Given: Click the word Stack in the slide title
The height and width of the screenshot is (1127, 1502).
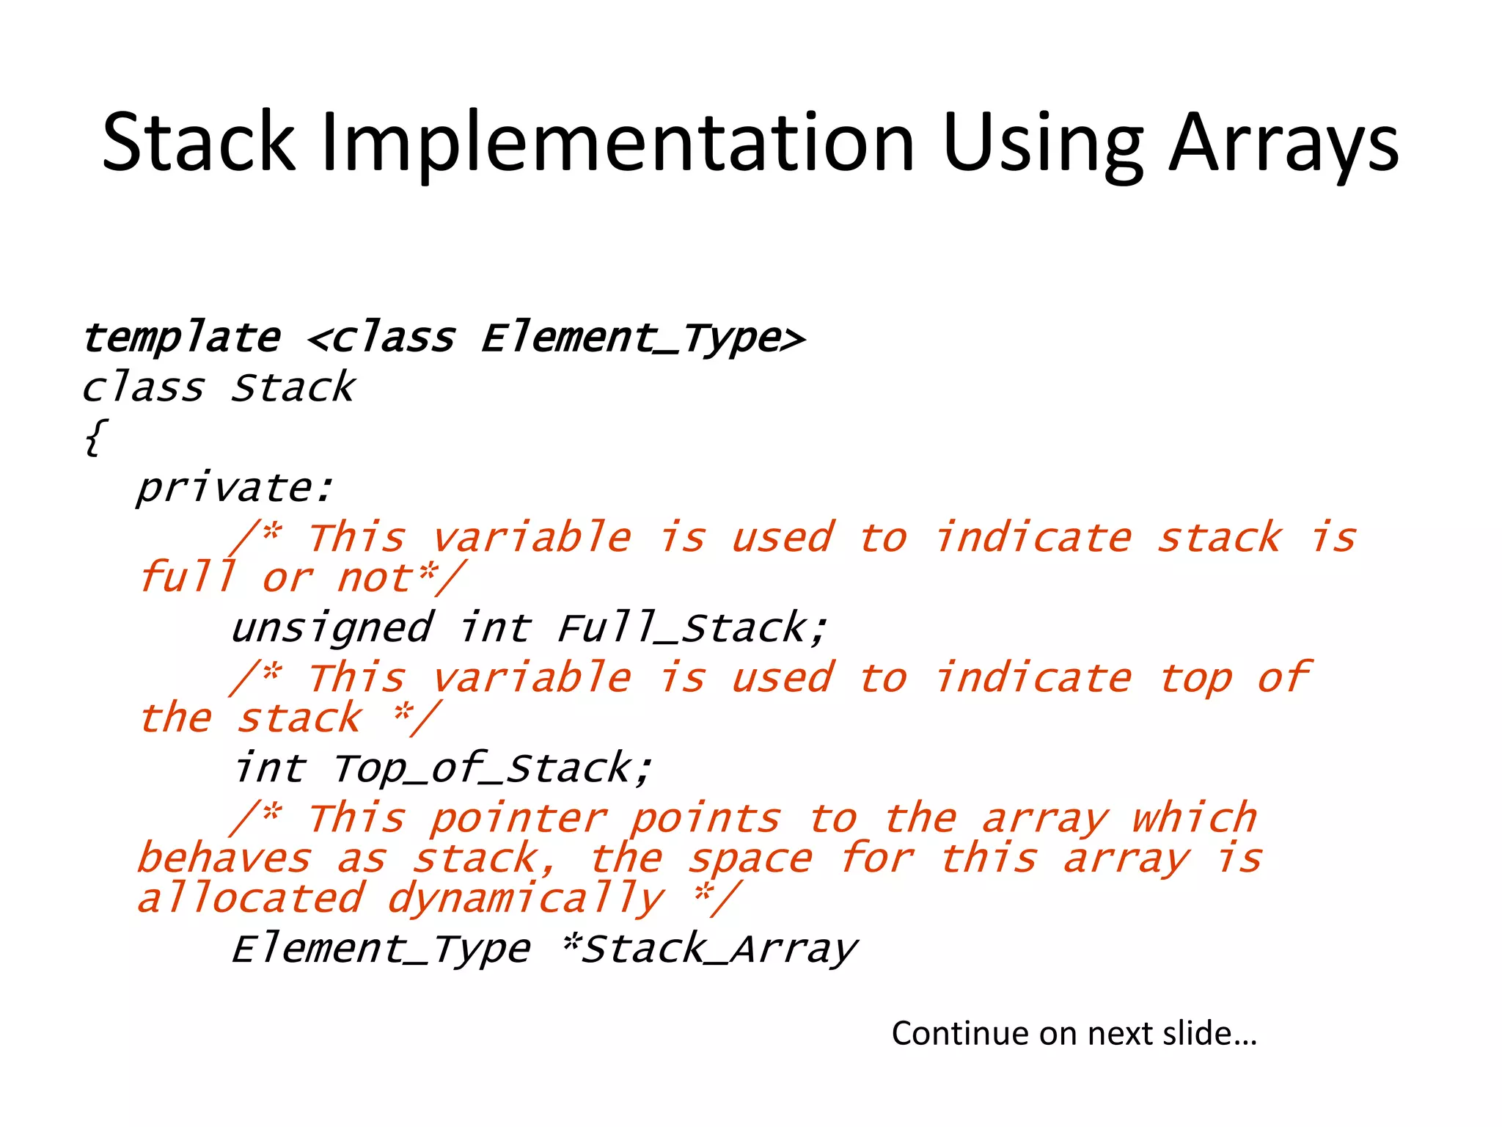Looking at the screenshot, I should [198, 143].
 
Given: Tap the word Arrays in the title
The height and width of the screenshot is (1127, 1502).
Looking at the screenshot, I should [1283, 143].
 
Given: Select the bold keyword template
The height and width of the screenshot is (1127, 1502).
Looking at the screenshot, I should [182, 339].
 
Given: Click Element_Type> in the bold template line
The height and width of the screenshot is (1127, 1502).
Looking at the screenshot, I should [643, 339].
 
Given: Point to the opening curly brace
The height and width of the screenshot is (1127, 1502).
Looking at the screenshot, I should [95, 438].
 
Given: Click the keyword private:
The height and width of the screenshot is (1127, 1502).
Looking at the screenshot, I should [235, 488].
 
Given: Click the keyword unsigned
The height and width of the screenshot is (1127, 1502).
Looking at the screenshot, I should [332, 629].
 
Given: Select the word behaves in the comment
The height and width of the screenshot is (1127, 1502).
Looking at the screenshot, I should [224, 858].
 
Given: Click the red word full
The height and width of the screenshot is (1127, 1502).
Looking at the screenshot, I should [188, 577].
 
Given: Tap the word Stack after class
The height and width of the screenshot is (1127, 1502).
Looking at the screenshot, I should [293, 388].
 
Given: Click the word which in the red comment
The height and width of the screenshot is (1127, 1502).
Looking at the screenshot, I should [1194, 818].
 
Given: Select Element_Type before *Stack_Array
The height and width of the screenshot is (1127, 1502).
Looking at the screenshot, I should [381, 949].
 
